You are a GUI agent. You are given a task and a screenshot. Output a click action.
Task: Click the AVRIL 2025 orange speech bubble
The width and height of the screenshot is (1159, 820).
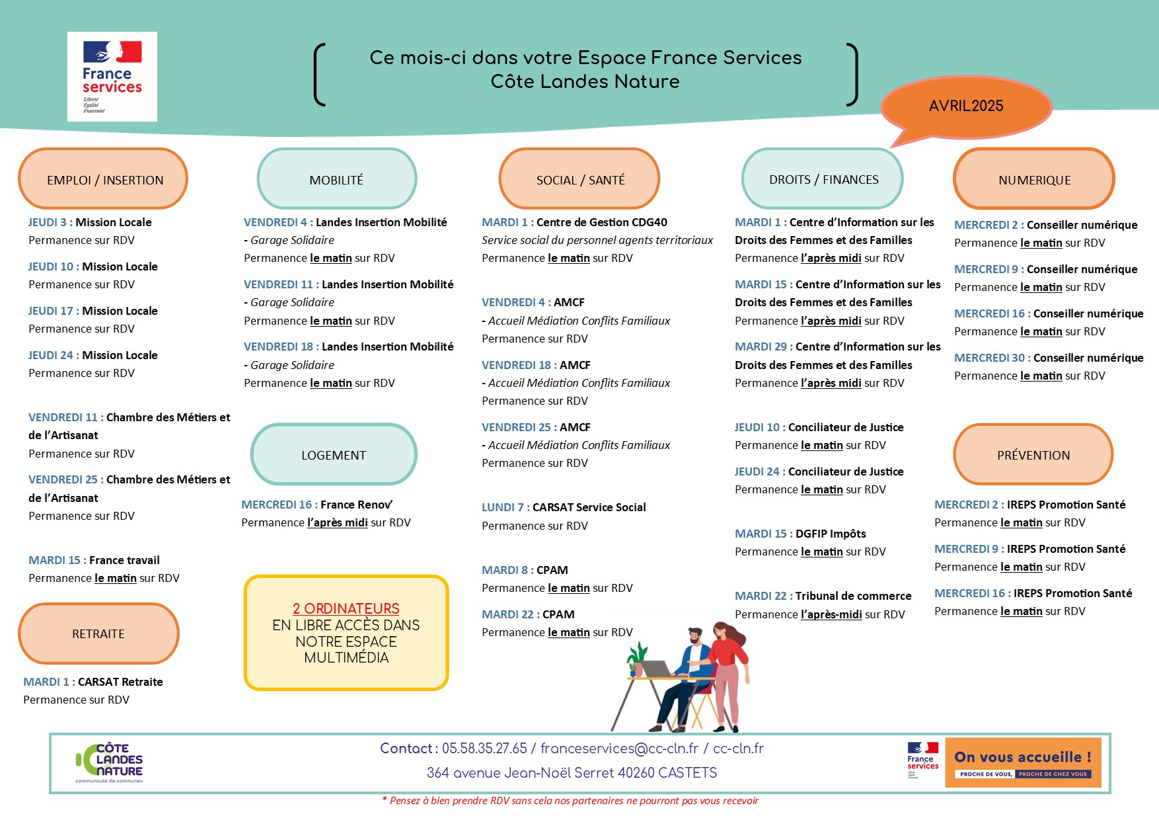pos(966,106)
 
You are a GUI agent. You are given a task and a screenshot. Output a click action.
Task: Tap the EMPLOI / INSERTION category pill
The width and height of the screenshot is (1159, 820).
pos(104,179)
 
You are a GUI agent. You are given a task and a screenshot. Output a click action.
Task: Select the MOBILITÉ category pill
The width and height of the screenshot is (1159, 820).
pos(336,179)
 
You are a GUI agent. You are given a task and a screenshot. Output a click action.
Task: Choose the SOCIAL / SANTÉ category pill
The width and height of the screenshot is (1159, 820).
pos(579,179)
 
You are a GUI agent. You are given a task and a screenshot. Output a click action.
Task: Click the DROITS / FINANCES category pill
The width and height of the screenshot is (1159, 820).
pos(823,179)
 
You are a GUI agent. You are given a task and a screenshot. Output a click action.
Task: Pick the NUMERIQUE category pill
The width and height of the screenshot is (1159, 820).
pos(1034,179)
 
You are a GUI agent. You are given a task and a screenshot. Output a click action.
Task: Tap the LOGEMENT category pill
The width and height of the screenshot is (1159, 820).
pos(334,455)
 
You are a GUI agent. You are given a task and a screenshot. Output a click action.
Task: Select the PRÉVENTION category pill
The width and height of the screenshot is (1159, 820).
pos(1033,455)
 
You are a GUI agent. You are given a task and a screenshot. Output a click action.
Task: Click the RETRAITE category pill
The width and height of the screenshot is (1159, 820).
pos(98,634)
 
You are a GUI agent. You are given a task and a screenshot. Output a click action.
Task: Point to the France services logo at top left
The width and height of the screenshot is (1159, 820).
pos(112,77)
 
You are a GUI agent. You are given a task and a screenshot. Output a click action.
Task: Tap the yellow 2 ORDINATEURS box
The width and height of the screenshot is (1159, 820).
pos(346,633)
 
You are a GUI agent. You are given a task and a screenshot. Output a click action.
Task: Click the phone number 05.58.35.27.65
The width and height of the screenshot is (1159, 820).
pos(484,749)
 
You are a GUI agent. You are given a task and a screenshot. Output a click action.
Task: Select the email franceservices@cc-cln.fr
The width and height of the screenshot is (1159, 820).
pos(619,749)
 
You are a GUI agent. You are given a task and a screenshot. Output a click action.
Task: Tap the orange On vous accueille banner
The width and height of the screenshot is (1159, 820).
pos(1023,762)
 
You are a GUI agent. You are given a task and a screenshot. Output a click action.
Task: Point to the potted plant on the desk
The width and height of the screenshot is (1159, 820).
pos(637,659)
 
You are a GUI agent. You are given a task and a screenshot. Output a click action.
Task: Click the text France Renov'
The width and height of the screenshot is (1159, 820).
pos(356,505)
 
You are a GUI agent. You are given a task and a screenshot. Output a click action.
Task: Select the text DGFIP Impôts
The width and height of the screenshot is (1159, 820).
pos(831,534)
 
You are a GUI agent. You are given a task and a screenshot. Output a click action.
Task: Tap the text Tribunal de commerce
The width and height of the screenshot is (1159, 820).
pos(853,596)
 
